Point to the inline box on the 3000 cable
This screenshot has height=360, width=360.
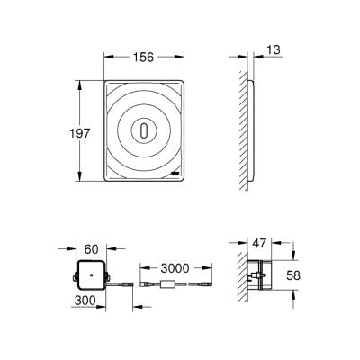point(168,286)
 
